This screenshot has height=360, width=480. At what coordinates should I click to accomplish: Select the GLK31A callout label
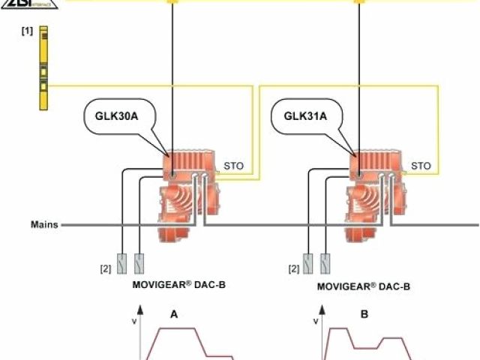click(304, 117)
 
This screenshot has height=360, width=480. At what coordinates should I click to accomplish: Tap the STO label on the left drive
click(233, 165)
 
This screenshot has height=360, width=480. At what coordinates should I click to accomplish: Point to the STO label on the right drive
click(421, 165)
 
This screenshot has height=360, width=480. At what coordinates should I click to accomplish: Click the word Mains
click(44, 224)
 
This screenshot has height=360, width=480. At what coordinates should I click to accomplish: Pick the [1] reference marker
click(28, 31)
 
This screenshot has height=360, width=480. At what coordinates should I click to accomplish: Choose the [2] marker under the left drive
click(106, 267)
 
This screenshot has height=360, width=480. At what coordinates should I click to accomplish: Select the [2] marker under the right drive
click(293, 267)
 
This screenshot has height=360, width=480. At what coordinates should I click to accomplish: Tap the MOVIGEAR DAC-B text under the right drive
click(364, 286)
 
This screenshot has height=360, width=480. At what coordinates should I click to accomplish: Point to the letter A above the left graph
click(174, 315)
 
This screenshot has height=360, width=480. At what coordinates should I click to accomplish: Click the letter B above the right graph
click(364, 315)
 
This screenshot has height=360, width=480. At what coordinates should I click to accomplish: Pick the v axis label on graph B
click(315, 322)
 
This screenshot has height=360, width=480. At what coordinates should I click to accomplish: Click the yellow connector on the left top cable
click(173, 2)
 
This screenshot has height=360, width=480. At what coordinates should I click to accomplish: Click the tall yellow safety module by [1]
click(44, 67)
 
